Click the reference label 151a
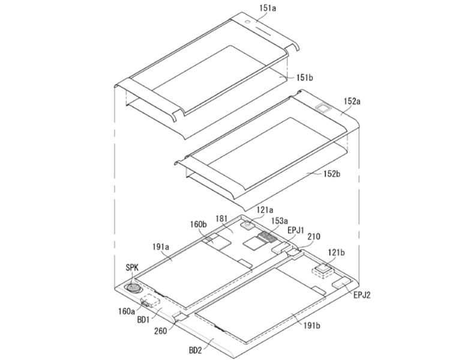(x=268, y=8)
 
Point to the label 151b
(x=304, y=77)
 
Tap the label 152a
(x=352, y=101)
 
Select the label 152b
(x=332, y=173)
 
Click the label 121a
(x=265, y=210)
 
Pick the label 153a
(x=280, y=220)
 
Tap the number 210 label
(x=314, y=237)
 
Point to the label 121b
(x=337, y=253)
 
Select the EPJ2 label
(x=362, y=295)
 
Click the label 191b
(x=311, y=326)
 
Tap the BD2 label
(x=196, y=350)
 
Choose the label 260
(x=161, y=331)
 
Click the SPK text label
(x=132, y=268)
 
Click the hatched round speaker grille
(x=133, y=287)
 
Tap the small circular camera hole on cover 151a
(x=247, y=22)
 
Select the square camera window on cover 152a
(x=323, y=108)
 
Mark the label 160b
(x=199, y=224)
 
